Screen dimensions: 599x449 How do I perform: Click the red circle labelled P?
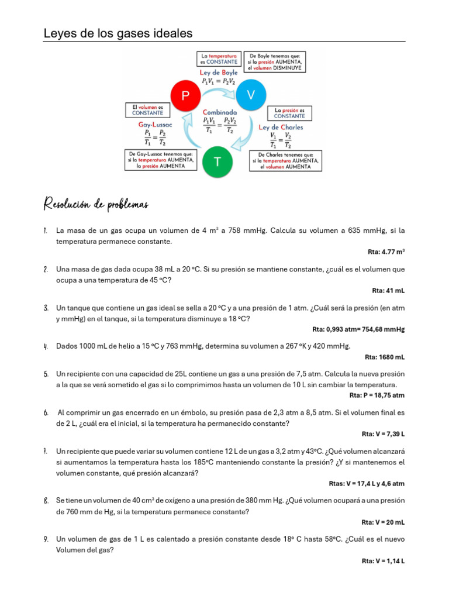pos(185,96)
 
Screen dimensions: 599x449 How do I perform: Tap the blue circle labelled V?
pos(251,95)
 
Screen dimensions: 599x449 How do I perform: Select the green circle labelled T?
pos(217,161)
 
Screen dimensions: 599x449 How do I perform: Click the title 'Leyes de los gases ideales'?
pos(118,34)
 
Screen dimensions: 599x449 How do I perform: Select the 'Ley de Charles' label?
pos(281,127)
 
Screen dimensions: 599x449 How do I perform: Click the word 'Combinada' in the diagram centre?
pos(219,111)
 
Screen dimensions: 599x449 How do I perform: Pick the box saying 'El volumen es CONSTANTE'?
pos(147,110)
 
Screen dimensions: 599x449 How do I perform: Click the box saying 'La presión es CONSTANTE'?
pos(289,112)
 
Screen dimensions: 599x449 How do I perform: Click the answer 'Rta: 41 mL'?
pos(388,290)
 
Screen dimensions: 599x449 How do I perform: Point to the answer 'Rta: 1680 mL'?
pos(385,357)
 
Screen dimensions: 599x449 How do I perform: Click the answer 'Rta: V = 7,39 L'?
pos(383,434)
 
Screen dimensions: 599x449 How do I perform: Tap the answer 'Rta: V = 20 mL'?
pos(383,522)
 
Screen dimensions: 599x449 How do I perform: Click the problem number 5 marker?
pos(46,374)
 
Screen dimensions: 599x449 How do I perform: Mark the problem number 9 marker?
pos(46,539)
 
